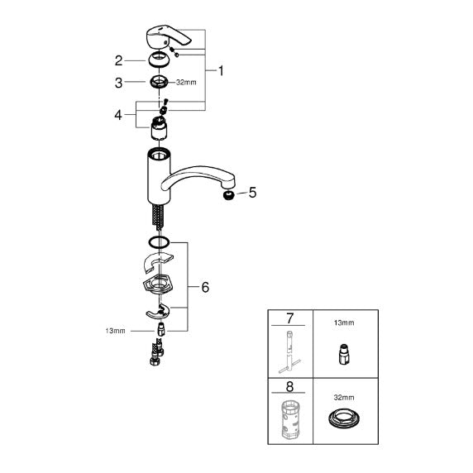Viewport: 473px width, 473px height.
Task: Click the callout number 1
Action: tap(221, 71)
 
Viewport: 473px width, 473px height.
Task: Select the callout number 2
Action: tap(118, 61)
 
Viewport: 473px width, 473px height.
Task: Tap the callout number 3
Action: tap(118, 83)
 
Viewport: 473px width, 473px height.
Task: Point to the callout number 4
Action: tap(118, 115)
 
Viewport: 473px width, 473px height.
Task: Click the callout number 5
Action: tap(252, 193)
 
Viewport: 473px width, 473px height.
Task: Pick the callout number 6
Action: tap(205, 287)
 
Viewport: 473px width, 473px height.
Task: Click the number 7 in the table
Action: tap(289, 318)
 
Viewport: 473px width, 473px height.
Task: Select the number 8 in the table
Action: tap(289, 386)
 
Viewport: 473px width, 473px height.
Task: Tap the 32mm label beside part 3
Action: tap(186, 83)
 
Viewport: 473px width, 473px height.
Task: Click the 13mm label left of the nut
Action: tap(115, 331)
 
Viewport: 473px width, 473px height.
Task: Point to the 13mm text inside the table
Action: tap(344, 322)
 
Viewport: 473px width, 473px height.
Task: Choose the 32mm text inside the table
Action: tap(344, 398)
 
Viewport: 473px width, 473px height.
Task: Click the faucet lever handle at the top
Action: tap(167, 37)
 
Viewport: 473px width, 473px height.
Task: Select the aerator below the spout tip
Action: tap(229, 196)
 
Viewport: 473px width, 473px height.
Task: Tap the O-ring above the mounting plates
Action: tap(159, 242)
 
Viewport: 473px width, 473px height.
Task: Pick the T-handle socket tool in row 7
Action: tap(289, 351)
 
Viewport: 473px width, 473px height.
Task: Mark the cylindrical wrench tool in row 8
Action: tap(291, 420)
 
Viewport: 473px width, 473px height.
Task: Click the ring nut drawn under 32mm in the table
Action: tap(344, 418)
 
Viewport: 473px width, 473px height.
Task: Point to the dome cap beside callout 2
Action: tap(159, 60)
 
